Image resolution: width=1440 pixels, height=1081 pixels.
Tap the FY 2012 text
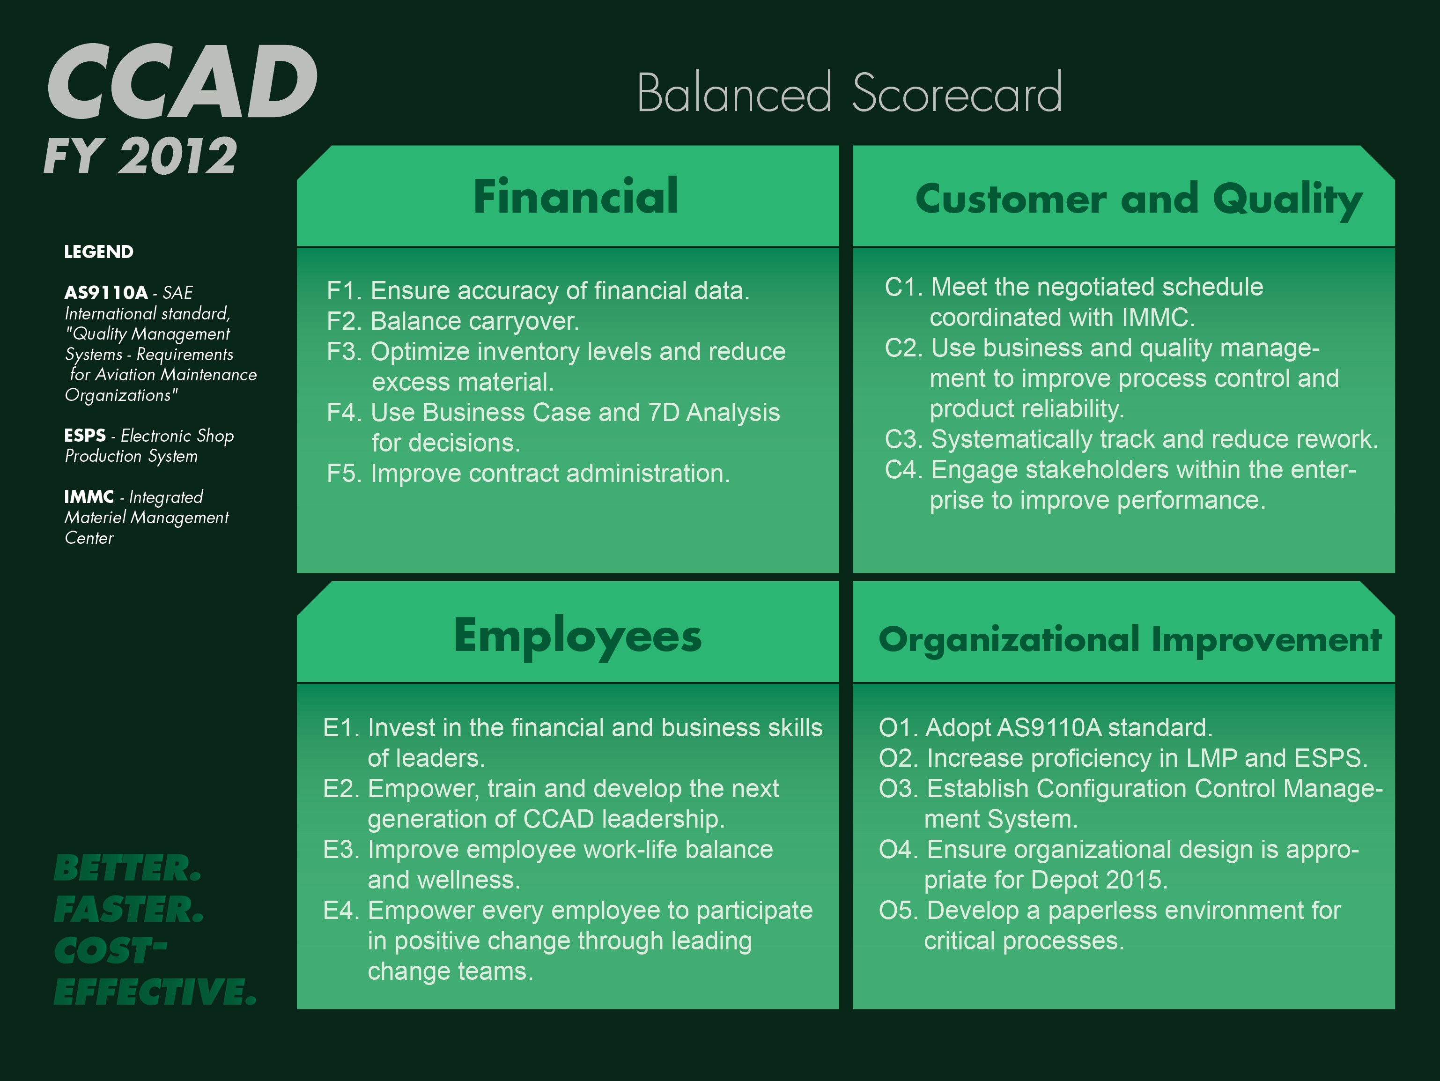(x=140, y=156)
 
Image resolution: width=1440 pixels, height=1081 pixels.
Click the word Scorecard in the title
(x=957, y=93)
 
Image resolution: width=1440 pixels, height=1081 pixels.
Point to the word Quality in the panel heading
(x=1288, y=200)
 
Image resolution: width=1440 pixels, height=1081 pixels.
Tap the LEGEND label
(x=99, y=252)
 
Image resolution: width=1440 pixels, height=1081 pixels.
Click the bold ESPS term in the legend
(x=85, y=435)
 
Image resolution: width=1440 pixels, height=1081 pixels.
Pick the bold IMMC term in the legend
(x=89, y=497)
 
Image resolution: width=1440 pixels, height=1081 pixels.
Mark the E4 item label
(x=341, y=911)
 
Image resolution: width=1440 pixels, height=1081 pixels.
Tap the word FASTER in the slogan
(x=129, y=910)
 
